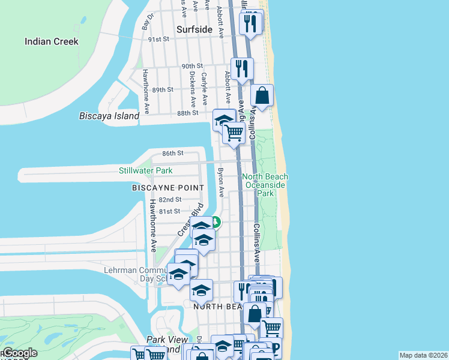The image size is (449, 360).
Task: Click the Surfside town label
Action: [194, 29]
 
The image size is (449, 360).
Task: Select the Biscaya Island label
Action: [109, 116]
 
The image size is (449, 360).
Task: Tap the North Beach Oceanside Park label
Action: [265, 185]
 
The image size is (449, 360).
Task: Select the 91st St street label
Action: [159, 39]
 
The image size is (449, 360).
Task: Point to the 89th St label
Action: [163, 89]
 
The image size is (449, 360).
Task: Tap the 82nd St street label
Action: [170, 199]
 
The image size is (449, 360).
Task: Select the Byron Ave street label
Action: [220, 182]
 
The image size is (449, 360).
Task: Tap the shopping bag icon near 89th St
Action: [262, 95]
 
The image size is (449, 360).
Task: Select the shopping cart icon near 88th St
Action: [234, 133]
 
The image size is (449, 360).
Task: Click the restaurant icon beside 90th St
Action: [242, 68]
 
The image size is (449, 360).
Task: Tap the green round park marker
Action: [215, 222]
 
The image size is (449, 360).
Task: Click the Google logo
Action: [19, 353]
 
